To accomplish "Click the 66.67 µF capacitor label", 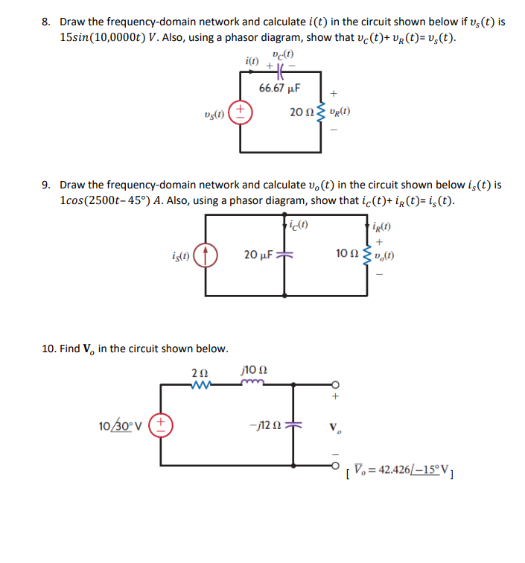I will click(x=279, y=88).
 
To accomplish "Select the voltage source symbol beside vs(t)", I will click(x=241, y=112).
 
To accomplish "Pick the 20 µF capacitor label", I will click(x=259, y=255).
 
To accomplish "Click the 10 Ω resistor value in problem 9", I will click(x=347, y=255).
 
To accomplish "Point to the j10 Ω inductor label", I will click(x=252, y=369).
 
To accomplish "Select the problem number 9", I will click(x=47, y=184).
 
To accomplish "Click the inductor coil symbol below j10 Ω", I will click(x=252, y=384).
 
